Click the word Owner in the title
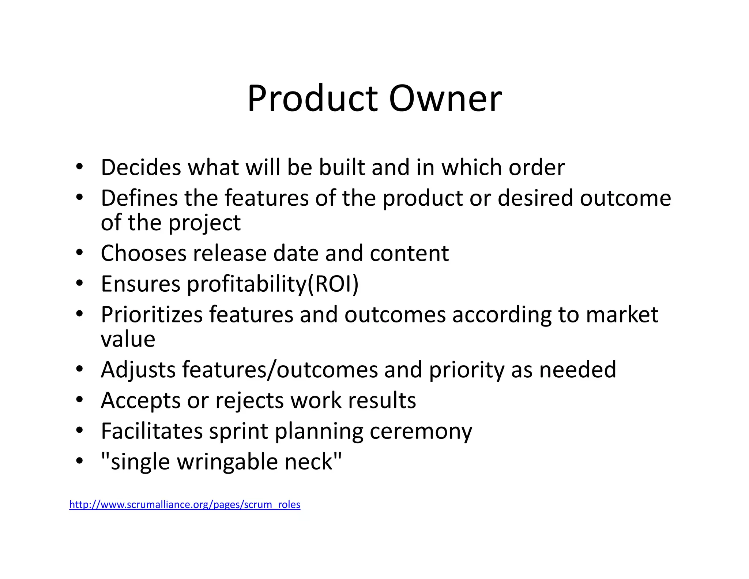[445, 98]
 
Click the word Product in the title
[313, 98]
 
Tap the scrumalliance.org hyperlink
[185, 504]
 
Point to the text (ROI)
[333, 284]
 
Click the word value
[128, 339]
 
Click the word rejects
[249, 400]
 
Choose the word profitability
[247, 284]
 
